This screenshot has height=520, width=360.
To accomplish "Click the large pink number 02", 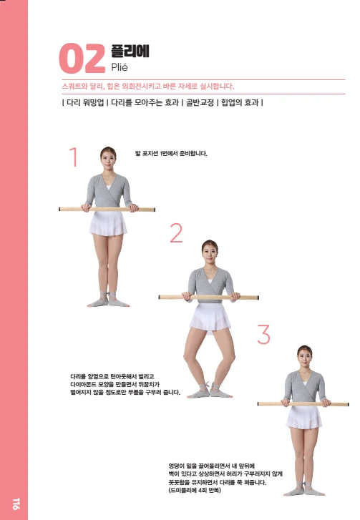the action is (x=82, y=59).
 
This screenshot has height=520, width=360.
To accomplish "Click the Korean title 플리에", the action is (x=130, y=51).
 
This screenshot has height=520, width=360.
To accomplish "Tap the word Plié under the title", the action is (x=120, y=67).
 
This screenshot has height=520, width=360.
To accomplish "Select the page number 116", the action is (x=16, y=504).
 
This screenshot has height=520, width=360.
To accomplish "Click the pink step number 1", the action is (x=74, y=157).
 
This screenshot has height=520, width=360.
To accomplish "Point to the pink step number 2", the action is (x=176, y=232).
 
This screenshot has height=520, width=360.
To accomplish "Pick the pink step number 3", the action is (x=264, y=334).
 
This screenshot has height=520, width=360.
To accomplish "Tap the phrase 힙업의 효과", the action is (x=240, y=102).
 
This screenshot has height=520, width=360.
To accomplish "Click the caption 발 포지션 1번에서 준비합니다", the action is (x=171, y=154).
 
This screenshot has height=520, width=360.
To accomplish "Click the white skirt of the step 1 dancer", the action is (x=108, y=223).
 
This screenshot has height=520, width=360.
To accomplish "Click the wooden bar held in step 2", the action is (x=209, y=297).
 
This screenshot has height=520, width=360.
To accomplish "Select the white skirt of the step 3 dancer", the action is (x=304, y=418).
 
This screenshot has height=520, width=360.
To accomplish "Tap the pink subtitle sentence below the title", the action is (x=148, y=87).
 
